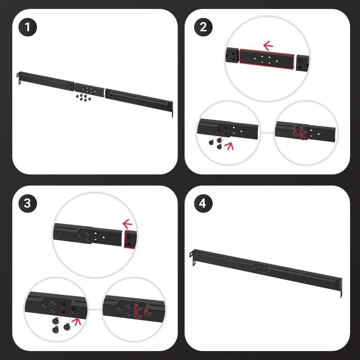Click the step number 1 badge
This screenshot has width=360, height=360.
pos(27,27)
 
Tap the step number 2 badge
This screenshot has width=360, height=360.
pos(203,27)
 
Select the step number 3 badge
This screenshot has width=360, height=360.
pos(27,203)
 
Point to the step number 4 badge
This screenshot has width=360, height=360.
pos(203,203)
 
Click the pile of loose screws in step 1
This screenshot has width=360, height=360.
pos(83,97)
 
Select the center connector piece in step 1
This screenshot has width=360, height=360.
pos(90,90)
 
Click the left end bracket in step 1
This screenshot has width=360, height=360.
pos(19,77)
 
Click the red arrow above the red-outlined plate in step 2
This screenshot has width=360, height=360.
pos(268,45)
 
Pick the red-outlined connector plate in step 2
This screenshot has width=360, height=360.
pos(266,59)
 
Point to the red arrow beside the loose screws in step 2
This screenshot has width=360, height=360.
pos(229,146)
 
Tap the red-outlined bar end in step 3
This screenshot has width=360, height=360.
pos(130,239)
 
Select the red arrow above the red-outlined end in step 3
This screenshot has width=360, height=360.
pos(127,224)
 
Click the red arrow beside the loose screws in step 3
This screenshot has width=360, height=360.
pos(76,322)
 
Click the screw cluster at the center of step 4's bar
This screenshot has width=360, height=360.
pos(261,270)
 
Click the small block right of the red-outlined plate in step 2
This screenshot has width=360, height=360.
pos(302,63)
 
